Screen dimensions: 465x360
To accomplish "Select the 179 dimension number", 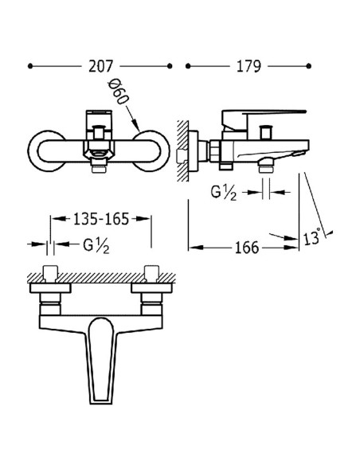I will (x=249, y=67).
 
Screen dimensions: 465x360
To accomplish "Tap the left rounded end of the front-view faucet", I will (x=44, y=151).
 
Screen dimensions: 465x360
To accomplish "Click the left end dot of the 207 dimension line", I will (x=29, y=67).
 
